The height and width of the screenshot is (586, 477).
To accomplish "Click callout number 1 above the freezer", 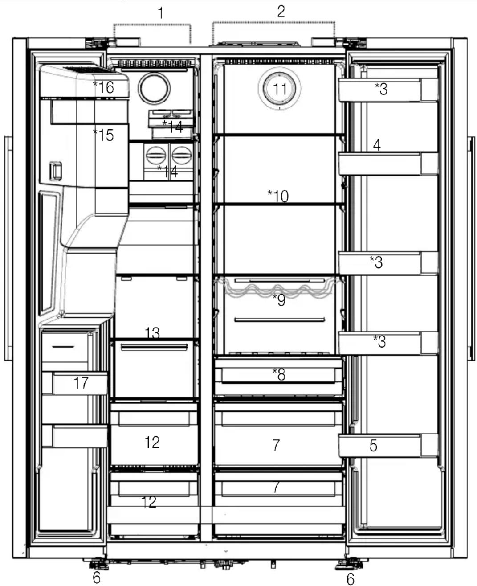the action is coord(161,13).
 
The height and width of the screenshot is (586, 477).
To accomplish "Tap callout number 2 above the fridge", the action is coord(281,11).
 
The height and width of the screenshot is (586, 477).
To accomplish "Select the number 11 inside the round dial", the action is coord(280,89).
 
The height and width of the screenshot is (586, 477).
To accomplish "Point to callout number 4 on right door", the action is coord(377,145).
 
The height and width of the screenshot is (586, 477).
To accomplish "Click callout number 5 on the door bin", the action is coord(373,445).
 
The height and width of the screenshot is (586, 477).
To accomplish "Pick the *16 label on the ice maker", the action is coord(103,87).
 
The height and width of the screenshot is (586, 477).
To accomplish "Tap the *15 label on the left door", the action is coord(103,135).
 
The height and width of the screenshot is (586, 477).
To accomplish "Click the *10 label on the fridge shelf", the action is coord(278,196).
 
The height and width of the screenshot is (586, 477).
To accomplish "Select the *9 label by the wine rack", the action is coord(279,300).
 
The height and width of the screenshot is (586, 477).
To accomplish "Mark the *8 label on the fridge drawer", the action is coord(279,374).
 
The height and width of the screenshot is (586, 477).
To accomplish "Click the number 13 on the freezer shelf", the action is coord(152,332).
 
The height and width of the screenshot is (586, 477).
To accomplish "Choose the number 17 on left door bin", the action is coord(81,383).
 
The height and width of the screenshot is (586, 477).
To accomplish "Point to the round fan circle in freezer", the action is coord(154,88).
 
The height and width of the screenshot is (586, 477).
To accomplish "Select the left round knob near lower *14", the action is coord(156,155).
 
